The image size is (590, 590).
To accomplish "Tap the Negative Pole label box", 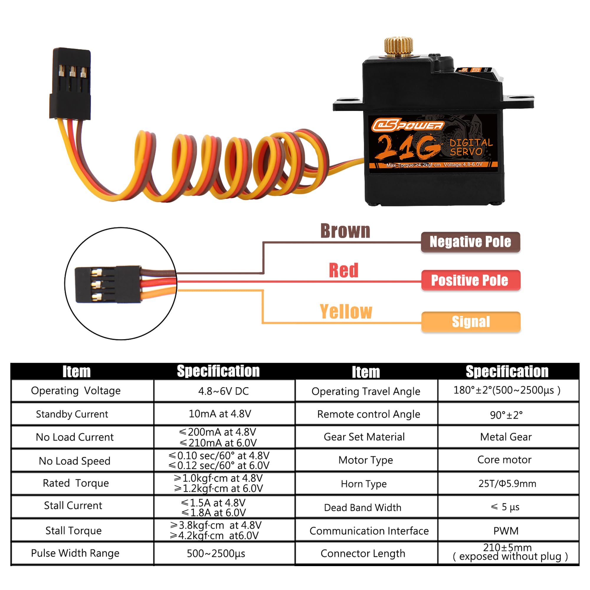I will tap(470, 242).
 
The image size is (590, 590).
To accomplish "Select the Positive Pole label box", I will tap(470, 280).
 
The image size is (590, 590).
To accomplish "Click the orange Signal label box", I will tap(471, 322).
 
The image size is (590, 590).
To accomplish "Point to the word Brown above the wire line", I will tap(345, 231).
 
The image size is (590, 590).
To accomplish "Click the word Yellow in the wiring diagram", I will tap(346, 312).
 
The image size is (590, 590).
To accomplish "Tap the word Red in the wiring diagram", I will tap(344, 271).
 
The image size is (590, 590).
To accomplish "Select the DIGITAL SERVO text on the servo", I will tap(471, 147).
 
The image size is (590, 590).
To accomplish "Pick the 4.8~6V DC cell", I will tap(224, 391).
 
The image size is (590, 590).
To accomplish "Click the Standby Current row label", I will tap(72, 414).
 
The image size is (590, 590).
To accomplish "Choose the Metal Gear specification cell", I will tap(506, 437).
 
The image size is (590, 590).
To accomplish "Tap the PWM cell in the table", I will tap(506, 531).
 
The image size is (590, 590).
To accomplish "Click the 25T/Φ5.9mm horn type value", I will tap(507, 484).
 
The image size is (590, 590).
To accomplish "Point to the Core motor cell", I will tap(504, 460).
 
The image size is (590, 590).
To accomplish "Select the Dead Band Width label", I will tap(363, 507).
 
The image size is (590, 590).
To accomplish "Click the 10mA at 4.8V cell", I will tap(220, 414).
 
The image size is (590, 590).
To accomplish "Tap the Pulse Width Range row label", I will tap(75, 553).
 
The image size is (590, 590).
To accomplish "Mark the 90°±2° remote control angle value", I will tap(506, 415).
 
